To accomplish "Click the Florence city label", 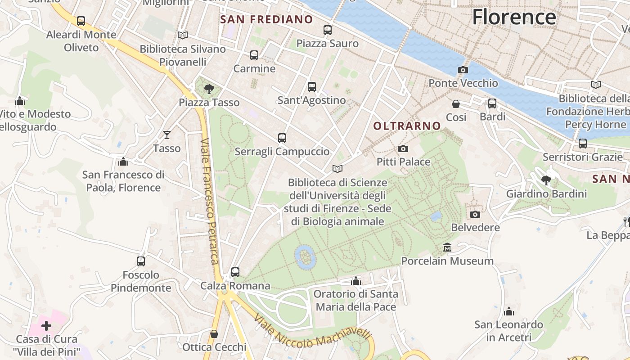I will pos(514,17).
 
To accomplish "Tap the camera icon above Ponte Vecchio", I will pos(463,70).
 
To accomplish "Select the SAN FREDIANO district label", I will pos(266,19).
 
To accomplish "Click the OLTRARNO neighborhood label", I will pos(407,126).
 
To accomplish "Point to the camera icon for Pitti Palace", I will pos(403,148).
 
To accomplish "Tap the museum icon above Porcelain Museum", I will pos(447,247).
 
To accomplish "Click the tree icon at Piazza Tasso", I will pos(209,89).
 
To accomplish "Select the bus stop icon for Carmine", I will pos(254,55).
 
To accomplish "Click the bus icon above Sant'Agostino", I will pos(311,87).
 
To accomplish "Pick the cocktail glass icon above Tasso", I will pos(167,135).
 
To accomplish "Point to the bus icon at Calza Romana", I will pos(235,272).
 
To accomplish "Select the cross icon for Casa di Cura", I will pos(46,326).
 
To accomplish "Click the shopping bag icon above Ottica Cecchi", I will pos(214,334).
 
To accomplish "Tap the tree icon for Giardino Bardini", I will pos(546,180).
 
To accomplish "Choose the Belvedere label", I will pos(475,227).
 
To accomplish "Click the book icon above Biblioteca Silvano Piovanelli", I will pos(182,35).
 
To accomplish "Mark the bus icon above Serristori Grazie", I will pos(582,144).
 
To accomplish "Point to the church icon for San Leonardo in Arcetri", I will pos(509,311).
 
